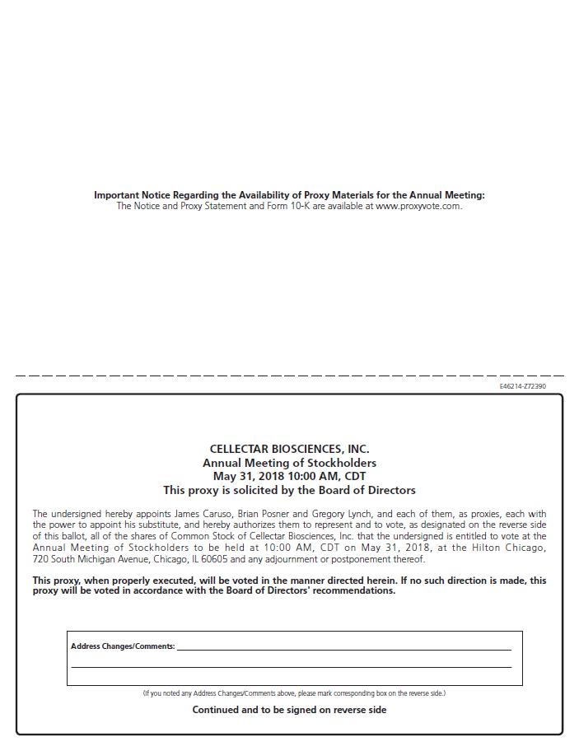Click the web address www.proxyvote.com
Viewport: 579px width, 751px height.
(x=418, y=206)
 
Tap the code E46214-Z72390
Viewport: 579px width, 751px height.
(x=522, y=386)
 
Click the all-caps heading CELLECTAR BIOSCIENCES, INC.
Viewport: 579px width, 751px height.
(x=289, y=449)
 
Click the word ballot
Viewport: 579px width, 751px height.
(x=72, y=536)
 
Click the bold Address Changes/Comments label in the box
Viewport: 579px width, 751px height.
(x=123, y=646)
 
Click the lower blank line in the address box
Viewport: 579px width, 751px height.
(x=291, y=666)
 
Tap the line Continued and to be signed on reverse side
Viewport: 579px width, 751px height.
(x=289, y=710)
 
